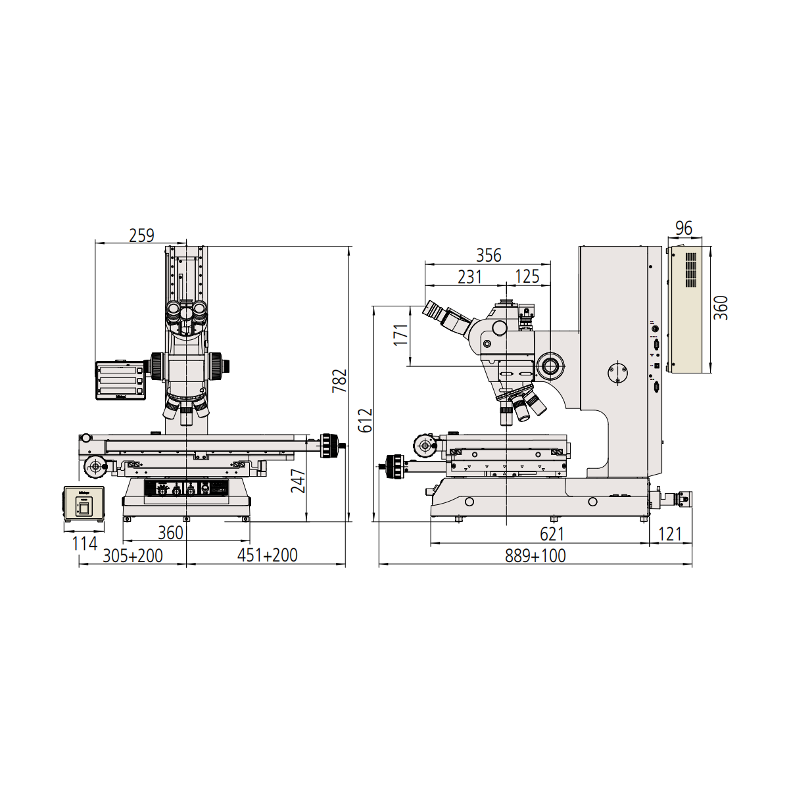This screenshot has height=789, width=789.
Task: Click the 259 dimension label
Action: [141, 235]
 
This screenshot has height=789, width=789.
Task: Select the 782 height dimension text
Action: [339, 381]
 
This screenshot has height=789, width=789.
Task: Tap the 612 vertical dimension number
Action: [365, 420]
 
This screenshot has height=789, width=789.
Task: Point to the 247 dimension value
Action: [298, 481]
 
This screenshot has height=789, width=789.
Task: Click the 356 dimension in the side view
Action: [489, 256]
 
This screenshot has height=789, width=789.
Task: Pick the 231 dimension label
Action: [469, 277]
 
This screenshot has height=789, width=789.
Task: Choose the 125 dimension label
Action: [527, 277]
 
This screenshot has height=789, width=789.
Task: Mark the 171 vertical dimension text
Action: [401, 335]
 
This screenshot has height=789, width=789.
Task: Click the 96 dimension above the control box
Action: [684, 228]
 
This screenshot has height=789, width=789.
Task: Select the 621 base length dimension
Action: [552, 534]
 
